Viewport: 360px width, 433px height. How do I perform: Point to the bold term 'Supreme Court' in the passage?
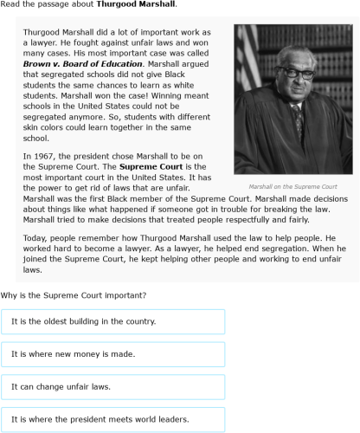click(148, 166)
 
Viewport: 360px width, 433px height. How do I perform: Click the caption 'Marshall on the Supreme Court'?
click(292, 187)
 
